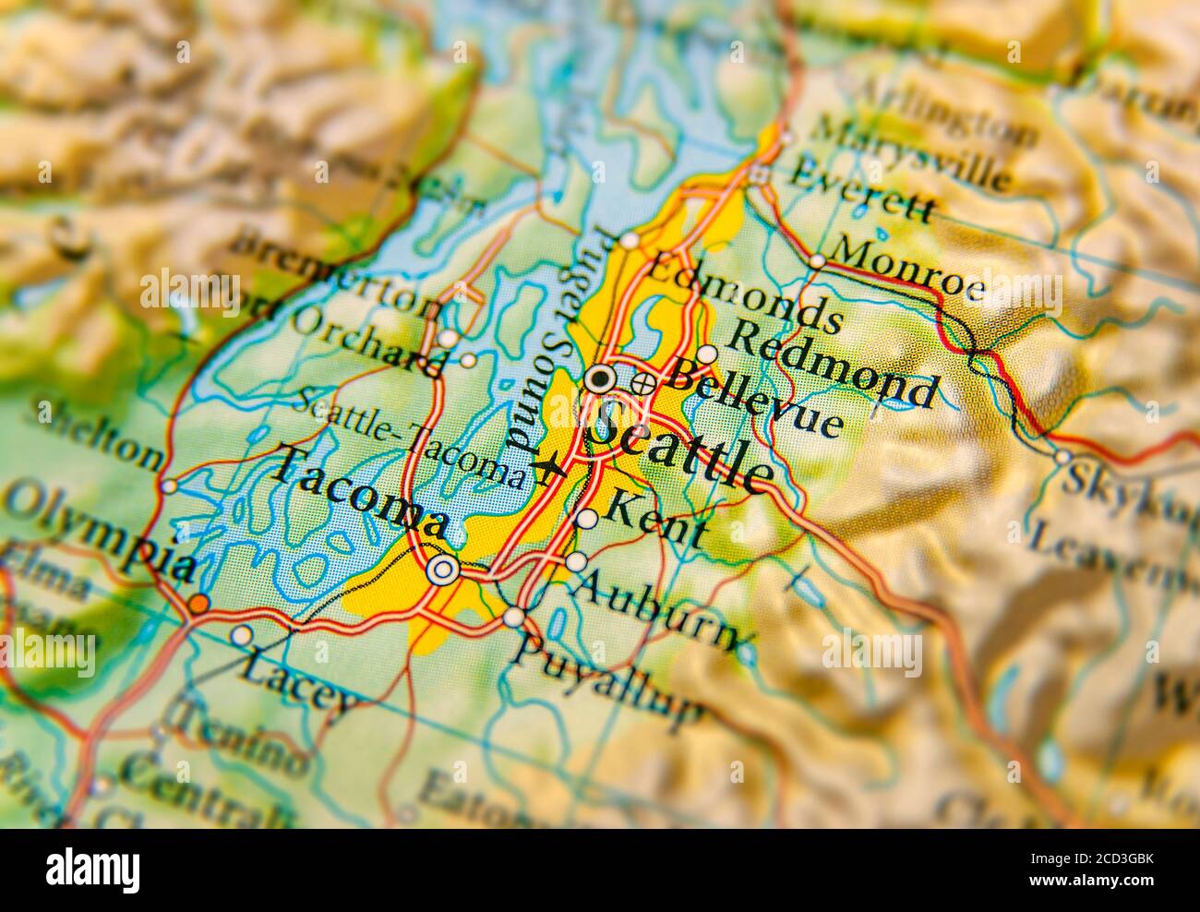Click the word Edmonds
tap(745, 293)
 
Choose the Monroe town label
tap(908, 269)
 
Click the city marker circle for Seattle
tap(600, 378)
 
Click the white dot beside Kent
tap(586, 519)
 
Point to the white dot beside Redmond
tap(707, 354)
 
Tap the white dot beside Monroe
tap(817, 261)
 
